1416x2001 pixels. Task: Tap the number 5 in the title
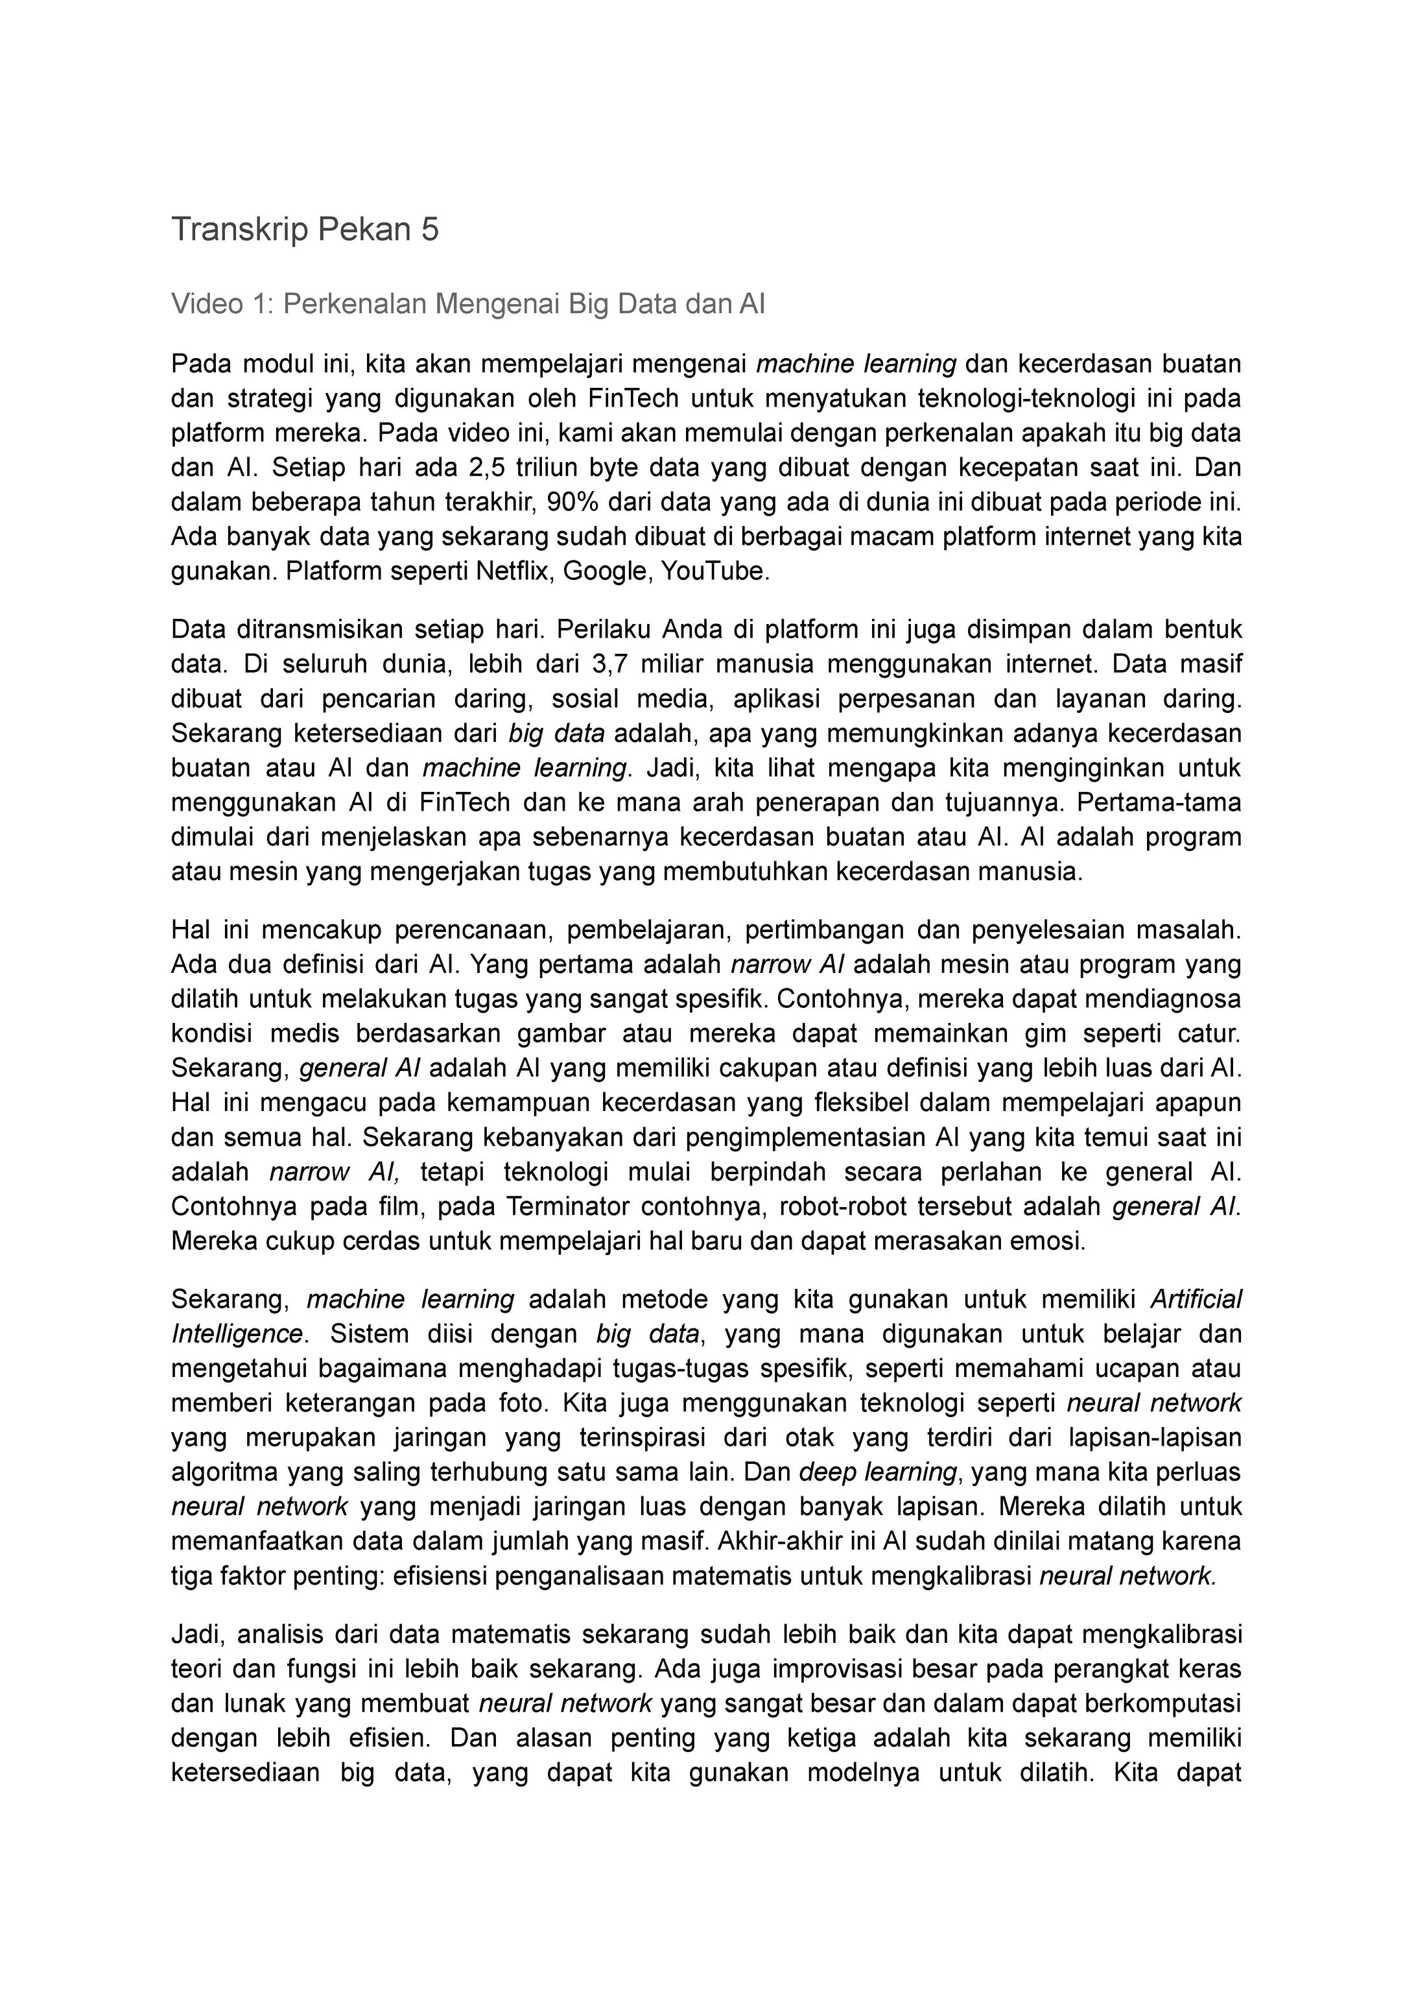coord(430,230)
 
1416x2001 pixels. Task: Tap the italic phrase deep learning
coord(877,1472)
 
